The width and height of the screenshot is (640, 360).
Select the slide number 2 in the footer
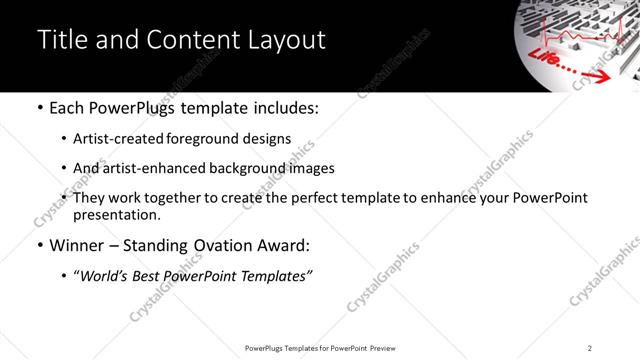pos(590,348)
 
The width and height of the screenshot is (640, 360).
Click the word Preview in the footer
pos(389,348)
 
